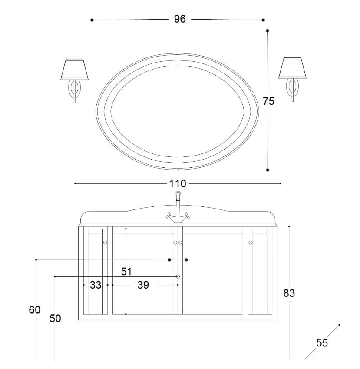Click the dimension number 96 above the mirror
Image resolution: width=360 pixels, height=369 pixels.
click(180, 19)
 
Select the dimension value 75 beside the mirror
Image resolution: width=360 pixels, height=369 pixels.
click(269, 101)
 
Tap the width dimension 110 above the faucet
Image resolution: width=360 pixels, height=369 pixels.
click(178, 184)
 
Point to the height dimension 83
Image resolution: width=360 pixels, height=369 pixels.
click(289, 293)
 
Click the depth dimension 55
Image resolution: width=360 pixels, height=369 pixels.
click(322, 343)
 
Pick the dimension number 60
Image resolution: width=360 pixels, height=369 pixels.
click(35, 310)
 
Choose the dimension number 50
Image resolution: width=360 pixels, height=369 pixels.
click(55, 319)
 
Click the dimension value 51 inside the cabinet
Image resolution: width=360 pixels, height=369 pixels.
click(126, 272)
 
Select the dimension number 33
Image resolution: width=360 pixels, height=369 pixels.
click(96, 285)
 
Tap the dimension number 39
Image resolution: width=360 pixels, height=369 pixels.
click(143, 285)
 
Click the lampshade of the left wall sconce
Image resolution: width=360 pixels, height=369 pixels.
click(75, 69)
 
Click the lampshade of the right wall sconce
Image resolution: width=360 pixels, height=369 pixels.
click(292, 68)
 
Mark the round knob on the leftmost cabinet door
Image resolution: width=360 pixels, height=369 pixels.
click(105, 243)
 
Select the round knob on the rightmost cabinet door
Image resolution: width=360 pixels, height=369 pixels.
click(251, 243)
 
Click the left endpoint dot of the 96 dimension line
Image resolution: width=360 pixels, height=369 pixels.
click(92, 20)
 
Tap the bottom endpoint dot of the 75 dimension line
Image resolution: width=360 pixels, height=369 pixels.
click(268, 170)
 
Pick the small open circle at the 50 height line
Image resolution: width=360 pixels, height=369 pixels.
click(178, 276)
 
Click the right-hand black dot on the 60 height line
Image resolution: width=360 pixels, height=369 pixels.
click(186, 259)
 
